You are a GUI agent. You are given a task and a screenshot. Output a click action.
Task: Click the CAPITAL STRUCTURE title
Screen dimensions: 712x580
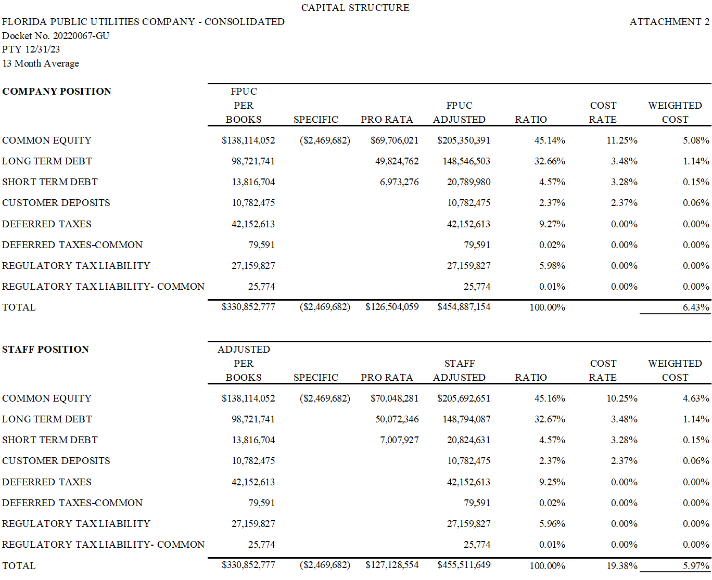click(x=355, y=8)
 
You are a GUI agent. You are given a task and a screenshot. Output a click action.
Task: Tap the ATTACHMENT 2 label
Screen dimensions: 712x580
click(x=669, y=22)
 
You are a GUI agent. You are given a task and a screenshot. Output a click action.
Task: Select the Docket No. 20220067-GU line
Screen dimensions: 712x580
click(x=56, y=36)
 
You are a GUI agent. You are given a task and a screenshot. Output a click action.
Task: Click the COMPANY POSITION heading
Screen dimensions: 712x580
click(x=57, y=91)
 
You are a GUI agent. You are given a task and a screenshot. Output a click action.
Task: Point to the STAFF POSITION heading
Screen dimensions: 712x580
click(x=45, y=349)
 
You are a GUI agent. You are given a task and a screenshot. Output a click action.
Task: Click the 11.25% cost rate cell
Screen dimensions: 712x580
click(x=622, y=140)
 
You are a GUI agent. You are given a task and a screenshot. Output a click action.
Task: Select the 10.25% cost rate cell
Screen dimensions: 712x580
click(x=622, y=398)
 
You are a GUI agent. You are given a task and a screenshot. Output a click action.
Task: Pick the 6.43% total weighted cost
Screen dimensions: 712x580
click(x=696, y=307)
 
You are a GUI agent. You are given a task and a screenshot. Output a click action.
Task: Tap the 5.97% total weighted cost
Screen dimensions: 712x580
click(x=696, y=565)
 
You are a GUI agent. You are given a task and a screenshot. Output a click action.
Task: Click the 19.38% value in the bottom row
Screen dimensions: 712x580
click(x=622, y=565)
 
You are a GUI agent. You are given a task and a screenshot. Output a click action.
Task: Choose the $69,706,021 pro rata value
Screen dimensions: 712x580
click(x=395, y=140)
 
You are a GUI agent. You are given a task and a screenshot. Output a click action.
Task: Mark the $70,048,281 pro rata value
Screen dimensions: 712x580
click(x=395, y=398)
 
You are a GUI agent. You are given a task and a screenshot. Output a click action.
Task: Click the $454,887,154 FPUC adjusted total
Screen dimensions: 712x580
click(x=464, y=307)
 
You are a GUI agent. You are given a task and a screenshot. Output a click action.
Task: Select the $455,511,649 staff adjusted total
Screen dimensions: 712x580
click(x=464, y=565)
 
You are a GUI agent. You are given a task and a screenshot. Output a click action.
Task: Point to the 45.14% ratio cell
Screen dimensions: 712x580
click(x=550, y=140)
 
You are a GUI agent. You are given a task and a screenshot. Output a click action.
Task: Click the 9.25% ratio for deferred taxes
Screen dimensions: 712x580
click(x=552, y=482)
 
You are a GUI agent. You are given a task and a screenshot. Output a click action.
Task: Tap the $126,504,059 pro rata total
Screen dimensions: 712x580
click(x=392, y=307)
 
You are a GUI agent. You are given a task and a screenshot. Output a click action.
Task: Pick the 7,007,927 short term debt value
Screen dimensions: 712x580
click(x=399, y=440)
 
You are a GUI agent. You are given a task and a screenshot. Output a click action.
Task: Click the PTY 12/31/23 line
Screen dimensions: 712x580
click(x=31, y=49)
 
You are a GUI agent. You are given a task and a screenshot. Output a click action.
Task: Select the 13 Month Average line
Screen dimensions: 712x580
click(x=41, y=63)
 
